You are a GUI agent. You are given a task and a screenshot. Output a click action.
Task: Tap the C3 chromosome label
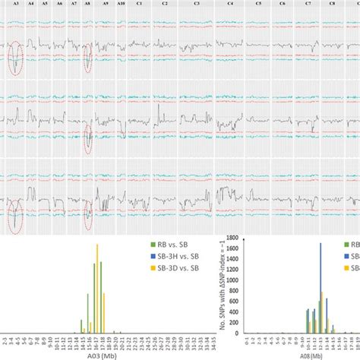(x=197, y=4)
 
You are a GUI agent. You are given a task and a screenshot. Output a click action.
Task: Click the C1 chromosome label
(x=138, y=4)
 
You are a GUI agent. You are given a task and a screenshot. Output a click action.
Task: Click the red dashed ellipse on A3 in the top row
(x=15, y=58)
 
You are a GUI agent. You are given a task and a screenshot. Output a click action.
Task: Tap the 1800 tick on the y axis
(x=238, y=238)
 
